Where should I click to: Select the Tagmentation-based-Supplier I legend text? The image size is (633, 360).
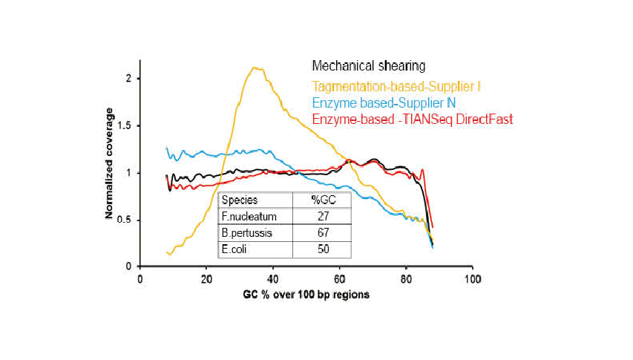[x=396, y=87]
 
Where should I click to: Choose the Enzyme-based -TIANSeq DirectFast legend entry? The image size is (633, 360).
[x=413, y=120]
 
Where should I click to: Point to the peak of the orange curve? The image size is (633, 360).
[x=255, y=68]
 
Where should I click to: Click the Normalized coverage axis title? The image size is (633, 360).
[x=109, y=163]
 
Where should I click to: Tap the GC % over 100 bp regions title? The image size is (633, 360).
[x=306, y=295]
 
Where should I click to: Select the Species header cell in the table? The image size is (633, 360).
[x=238, y=200]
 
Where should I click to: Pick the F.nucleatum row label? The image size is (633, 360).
[x=249, y=217]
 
